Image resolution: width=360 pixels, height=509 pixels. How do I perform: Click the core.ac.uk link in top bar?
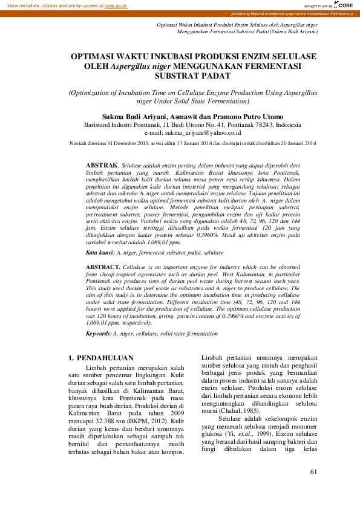[x=116, y=5]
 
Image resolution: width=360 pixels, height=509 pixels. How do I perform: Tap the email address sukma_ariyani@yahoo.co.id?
[x=193, y=131]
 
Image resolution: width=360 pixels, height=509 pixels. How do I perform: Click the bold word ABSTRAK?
[x=102, y=164]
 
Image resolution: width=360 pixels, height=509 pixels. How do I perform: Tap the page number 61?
[x=313, y=472]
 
